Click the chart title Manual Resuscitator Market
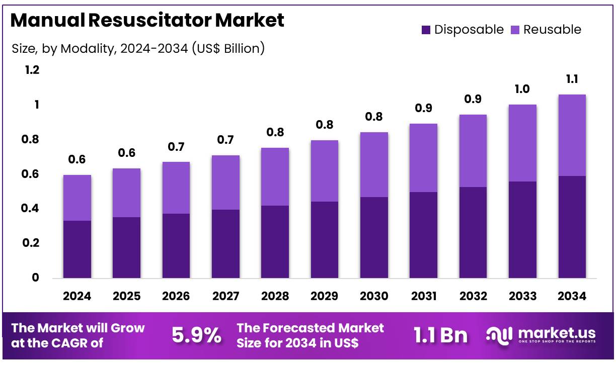pos(147,20)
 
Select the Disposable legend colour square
pos(426,30)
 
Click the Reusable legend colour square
pos(515,30)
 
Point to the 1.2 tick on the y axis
pos(32,70)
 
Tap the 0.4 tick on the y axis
pos(32,208)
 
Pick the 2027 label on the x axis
pos(225,296)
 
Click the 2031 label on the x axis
pos(423,296)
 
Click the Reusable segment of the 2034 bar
pos(572,135)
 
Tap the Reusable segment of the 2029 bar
pos(324,171)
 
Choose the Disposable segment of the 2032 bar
pos(473,232)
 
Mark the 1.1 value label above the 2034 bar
pos(572,79)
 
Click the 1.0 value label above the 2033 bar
pos(522,89)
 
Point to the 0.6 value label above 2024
pos(76,159)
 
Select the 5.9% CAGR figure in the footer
pos(196,335)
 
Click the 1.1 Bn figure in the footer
pos(440,335)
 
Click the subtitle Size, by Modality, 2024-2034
pos(138,48)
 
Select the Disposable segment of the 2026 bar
pos(176,246)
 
